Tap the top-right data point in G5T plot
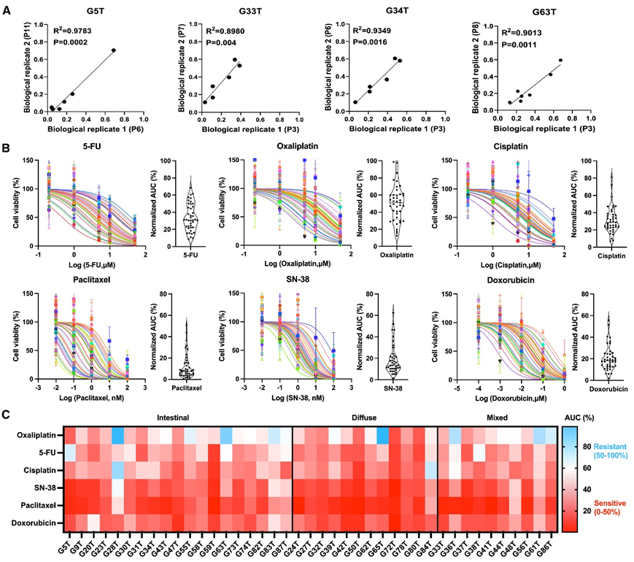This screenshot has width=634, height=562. [114, 50]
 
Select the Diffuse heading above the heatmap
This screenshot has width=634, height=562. [364, 420]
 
